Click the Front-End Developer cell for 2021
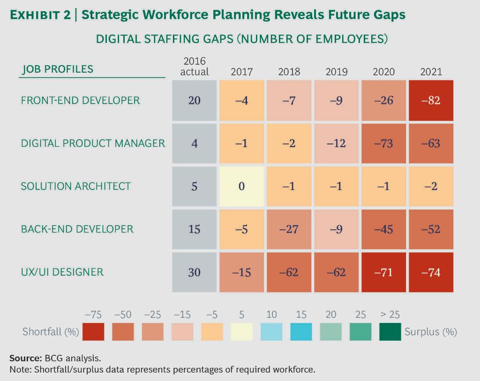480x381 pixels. click(431, 100)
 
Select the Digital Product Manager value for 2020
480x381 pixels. click(383, 143)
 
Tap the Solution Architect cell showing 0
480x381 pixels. click(241, 187)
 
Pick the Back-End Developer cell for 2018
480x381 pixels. click(289, 230)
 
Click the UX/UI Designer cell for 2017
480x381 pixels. click(241, 272)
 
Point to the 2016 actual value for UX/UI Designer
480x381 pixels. click(194, 272)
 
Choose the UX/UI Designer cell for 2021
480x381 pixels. click(431, 272)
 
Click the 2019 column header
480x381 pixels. click(336, 72)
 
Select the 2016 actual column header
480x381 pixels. click(194, 66)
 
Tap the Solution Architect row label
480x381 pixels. click(75, 186)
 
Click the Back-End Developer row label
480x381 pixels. click(77, 229)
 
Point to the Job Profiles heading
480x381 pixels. click(57, 69)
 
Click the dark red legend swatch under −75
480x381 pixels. click(93, 332)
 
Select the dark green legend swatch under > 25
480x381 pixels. click(390, 332)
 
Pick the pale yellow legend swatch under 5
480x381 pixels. click(241, 332)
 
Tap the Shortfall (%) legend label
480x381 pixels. click(51, 332)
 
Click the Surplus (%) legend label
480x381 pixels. click(430, 332)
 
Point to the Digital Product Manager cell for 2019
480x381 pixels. click(336, 143)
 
